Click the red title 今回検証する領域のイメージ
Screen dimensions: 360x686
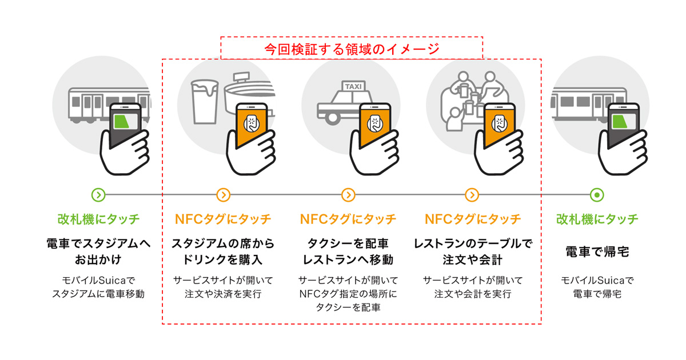(x=352, y=49)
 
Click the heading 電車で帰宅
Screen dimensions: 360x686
(x=597, y=251)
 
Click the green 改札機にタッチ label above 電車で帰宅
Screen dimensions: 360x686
(x=597, y=219)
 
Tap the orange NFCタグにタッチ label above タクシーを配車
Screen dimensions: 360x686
(x=348, y=219)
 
